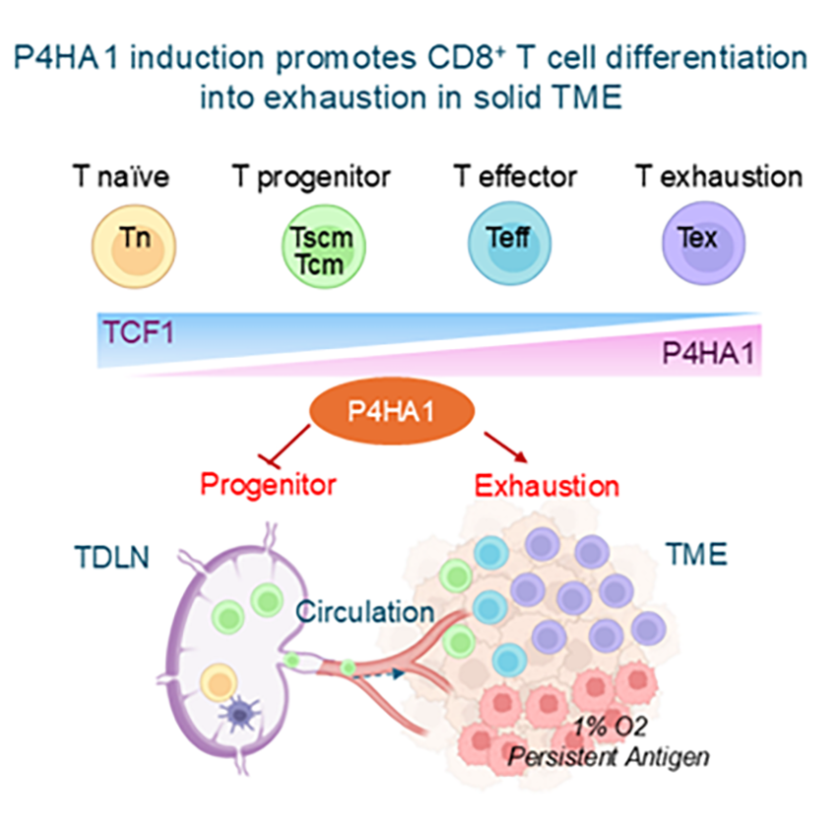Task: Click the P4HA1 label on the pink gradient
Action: coord(710,353)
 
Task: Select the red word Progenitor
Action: coord(268,484)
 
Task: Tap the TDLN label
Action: coord(112,556)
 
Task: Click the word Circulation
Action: coord(365,611)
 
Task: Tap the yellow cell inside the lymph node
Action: coord(219,683)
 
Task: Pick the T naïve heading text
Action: coord(120,177)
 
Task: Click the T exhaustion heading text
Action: coord(718,177)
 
